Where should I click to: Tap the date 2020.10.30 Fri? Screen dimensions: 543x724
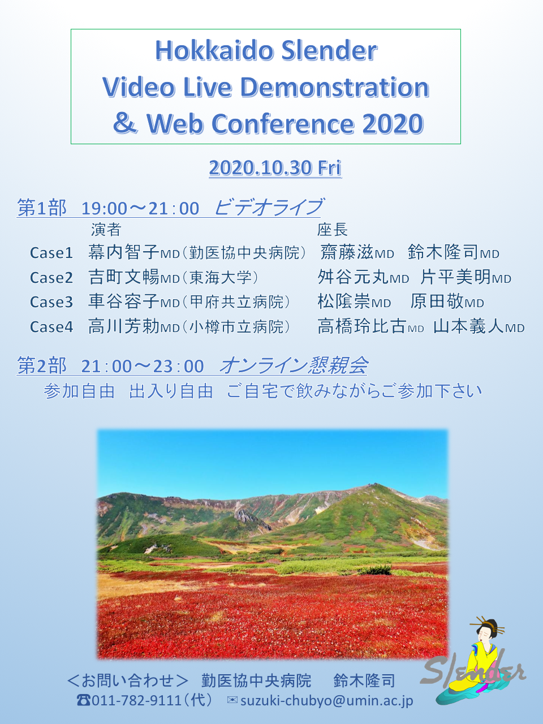(275, 167)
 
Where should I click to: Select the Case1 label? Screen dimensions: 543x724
(51, 253)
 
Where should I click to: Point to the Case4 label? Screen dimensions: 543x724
(51, 327)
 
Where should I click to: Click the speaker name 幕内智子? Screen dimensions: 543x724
(124, 252)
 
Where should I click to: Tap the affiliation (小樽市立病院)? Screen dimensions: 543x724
(235, 327)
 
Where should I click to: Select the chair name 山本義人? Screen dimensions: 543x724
(468, 326)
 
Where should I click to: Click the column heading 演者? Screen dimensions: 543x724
(106, 230)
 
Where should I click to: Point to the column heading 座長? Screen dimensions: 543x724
(333, 230)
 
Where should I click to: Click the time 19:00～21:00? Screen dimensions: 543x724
(140, 209)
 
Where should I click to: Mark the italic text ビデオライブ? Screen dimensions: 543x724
(269, 207)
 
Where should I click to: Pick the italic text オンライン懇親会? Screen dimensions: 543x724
(293, 365)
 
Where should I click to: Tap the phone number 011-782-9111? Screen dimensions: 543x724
(136, 700)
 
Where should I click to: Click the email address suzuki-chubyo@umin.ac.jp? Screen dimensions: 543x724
(327, 701)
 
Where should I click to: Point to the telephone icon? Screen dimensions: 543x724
(83, 701)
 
